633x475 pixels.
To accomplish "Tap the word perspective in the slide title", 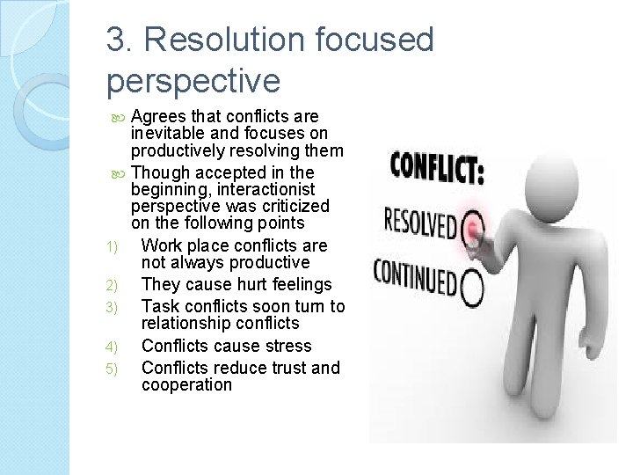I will pyautogui.click(x=193, y=80).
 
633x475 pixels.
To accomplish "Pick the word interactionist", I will pyautogui.click(x=266, y=189).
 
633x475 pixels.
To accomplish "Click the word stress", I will pyautogui.click(x=281, y=346).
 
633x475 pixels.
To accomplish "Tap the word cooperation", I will pyautogui.click(x=186, y=385).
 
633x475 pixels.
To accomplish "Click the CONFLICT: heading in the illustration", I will pyautogui.click(x=436, y=167).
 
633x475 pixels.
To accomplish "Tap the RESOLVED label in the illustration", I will pyautogui.click(x=420, y=223).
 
